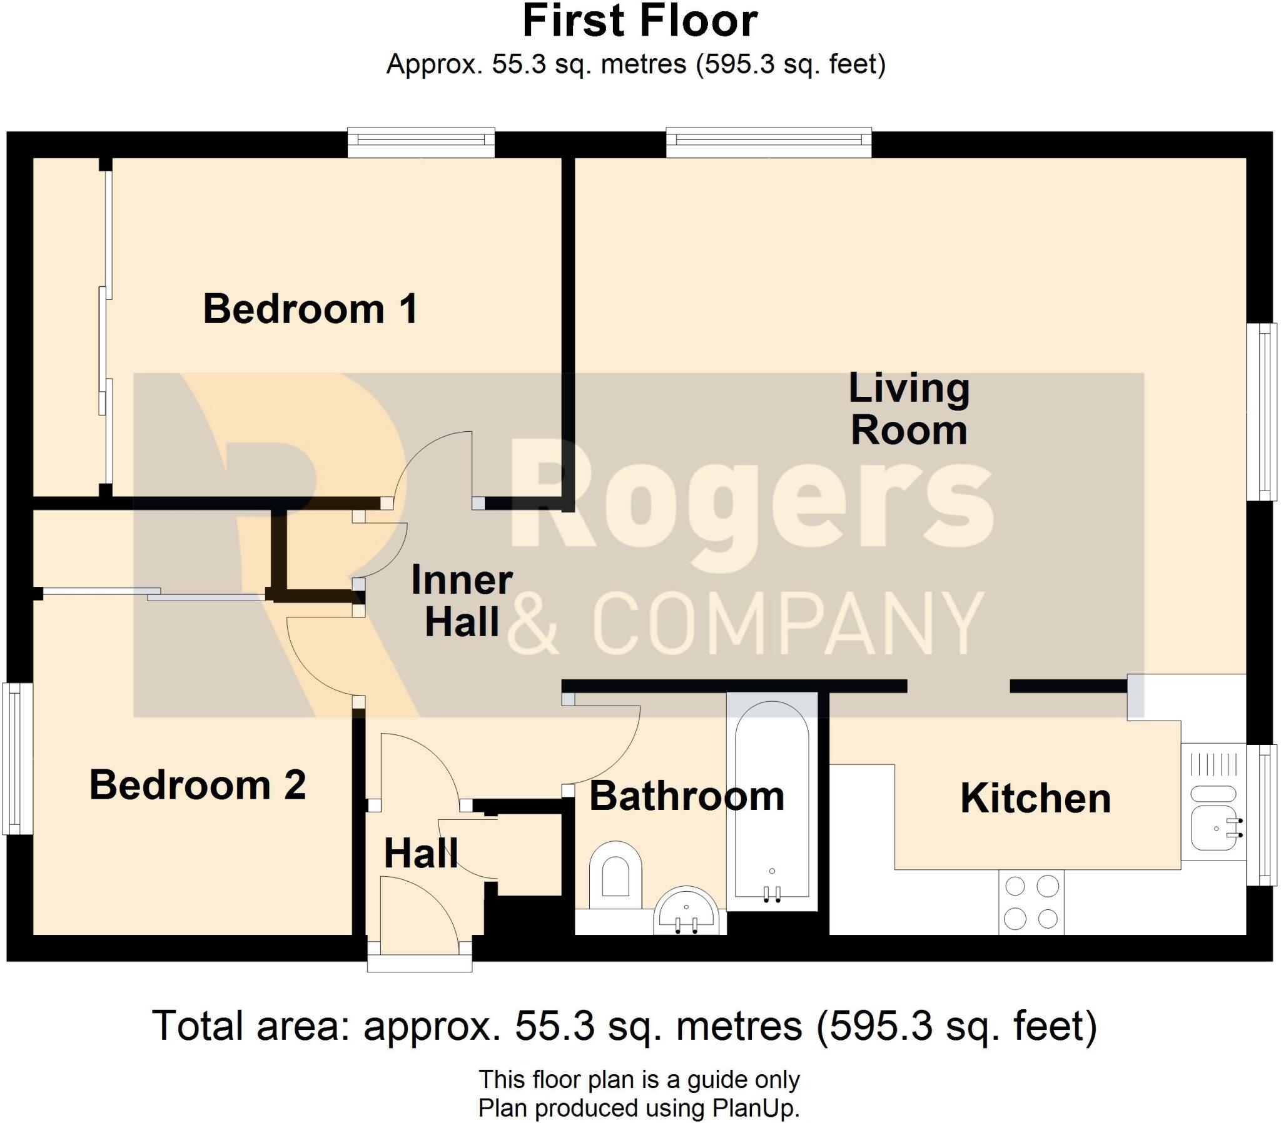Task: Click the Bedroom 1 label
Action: [x=310, y=309]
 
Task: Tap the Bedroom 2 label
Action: [x=198, y=785]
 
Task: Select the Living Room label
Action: [x=909, y=409]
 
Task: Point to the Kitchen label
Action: [x=1035, y=799]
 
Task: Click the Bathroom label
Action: [x=687, y=797]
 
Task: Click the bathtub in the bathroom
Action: [x=772, y=802]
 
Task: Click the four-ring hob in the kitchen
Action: [x=1031, y=902]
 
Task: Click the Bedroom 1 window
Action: [x=421, y=142]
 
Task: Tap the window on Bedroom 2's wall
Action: [x=18, y=759]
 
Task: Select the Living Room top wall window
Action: [x=768, y=142]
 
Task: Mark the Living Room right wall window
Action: [x=1262, y=411]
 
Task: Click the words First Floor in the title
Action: [x=640, y=21]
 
